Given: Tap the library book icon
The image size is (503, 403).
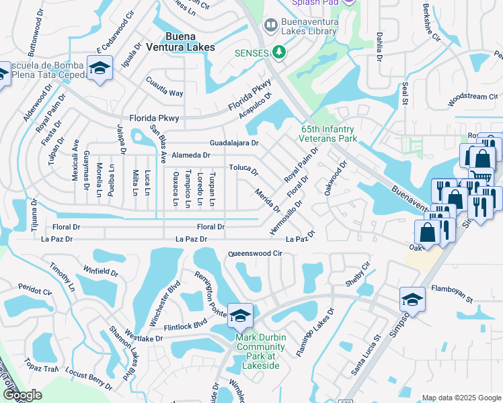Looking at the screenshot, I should click(x=270, y=26).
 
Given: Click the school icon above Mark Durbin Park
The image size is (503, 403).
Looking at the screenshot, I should click(x=240, y=314).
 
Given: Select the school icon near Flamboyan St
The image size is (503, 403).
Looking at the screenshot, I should click(x=412, y=299).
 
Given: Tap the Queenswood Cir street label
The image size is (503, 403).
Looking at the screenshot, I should click(x=254, y=254).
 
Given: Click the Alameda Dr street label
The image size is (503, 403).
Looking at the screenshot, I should click(x=191, y=155).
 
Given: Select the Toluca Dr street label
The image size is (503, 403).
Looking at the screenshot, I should click(x=243, y=168).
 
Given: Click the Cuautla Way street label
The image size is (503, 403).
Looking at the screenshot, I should click(x=165, y=87).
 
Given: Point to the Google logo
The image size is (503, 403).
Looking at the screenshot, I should click(x=22, y=395).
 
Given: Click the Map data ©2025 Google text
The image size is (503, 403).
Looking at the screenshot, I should click(x=461, y=398).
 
